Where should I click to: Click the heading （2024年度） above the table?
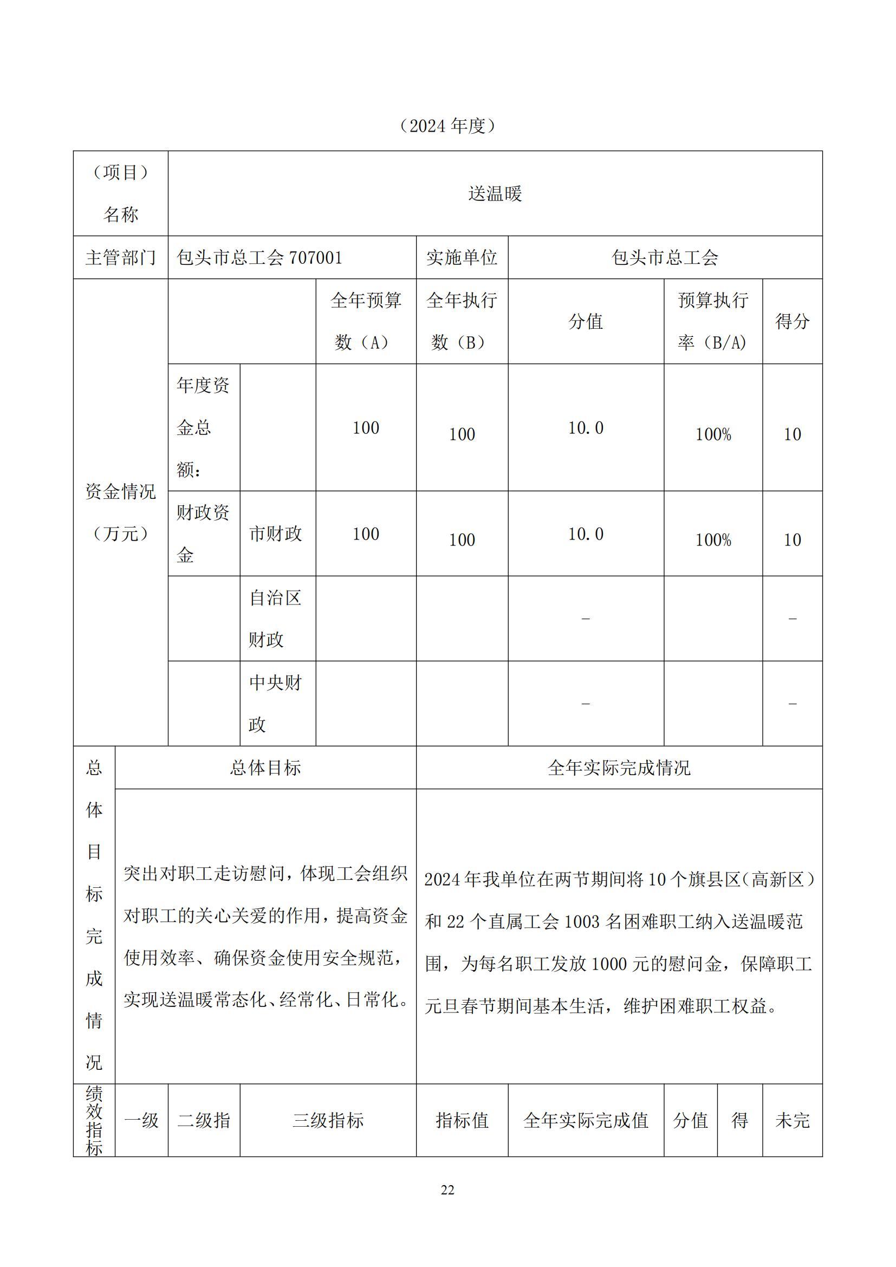[x=447, y=126]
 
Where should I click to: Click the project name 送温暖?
[x=495, y=194]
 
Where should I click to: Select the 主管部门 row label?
[x=120, y=258]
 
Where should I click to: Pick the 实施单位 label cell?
[x=462, y=258]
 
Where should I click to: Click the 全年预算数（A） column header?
[x=365, y=321]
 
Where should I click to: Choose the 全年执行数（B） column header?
[x=462, y=321]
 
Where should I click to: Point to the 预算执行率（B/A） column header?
[x=713, y=321]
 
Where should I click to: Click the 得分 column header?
[x=793, y=321]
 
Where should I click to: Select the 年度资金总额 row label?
[x=203, y=428]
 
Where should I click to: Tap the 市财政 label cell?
[x=276, y=534]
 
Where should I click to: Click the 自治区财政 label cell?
[x=276, y=619]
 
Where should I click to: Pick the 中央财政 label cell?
[x=276, y=704]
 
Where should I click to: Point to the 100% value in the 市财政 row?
[x=713, y=540]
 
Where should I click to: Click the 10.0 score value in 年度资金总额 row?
[x=586, y=428]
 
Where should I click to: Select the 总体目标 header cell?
[x=265, y=768]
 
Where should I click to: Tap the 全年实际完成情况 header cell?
[x=619, y=768]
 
